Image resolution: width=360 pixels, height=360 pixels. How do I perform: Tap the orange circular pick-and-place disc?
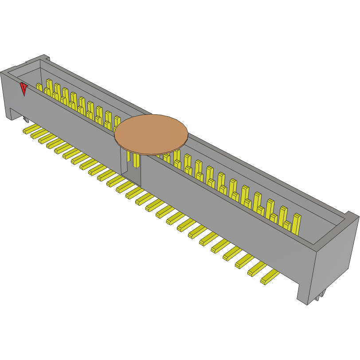point(151,134)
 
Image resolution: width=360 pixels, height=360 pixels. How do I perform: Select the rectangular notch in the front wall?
point(131,169)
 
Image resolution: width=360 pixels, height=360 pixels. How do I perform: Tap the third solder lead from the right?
point(244,261)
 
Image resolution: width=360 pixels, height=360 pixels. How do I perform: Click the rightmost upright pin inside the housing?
point(297,224)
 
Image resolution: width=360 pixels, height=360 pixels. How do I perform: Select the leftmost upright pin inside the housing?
point(39,87)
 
